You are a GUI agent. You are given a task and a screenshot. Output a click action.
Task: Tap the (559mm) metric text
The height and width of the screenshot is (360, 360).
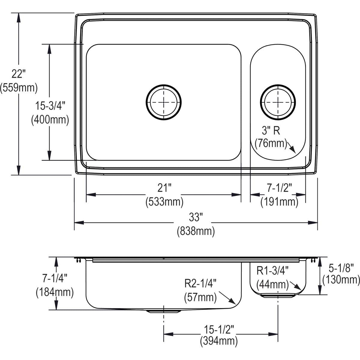(19, 88)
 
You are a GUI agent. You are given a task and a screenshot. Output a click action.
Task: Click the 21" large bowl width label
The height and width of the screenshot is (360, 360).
(164, 188)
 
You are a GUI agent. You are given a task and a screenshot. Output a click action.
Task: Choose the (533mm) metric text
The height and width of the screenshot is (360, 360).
(164, 202)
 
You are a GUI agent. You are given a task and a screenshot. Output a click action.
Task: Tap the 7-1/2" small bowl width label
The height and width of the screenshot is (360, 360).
(279, 188)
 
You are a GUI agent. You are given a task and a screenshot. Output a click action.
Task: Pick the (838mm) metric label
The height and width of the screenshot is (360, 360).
(196, 231)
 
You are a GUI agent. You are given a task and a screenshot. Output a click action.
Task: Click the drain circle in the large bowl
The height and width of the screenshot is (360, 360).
(164, 102)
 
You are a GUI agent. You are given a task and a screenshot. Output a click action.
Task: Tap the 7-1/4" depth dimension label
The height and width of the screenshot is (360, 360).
(55, 278)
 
